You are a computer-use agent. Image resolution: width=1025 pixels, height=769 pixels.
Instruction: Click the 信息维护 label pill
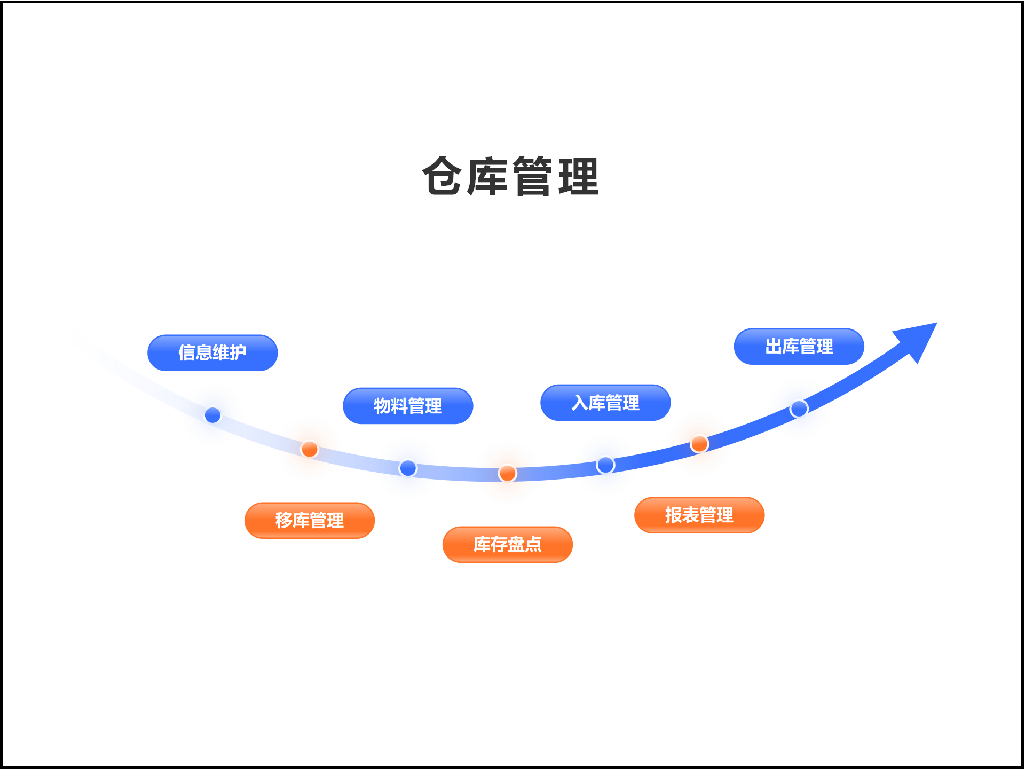[x=212, y=353]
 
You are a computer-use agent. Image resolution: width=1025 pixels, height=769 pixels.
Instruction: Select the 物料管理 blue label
[x=408, y=406]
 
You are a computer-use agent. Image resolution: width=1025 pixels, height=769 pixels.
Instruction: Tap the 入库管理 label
[x=605, y=403]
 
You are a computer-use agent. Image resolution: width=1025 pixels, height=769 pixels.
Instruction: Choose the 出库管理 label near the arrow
[x=799, y=347]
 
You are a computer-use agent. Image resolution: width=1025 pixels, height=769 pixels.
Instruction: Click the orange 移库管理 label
[x=310, y=521]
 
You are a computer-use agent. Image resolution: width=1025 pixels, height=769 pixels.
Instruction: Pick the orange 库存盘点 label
[x=508, y=545]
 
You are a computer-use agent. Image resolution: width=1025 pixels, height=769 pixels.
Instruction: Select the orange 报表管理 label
[x=699, y=515]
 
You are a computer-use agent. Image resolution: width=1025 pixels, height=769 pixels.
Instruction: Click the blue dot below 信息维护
[x=212, y=415]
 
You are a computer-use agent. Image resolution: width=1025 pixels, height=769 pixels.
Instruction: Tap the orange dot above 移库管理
[x=310, y=449]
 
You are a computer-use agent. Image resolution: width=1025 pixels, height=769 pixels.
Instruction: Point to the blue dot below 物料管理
[x=408, y=468]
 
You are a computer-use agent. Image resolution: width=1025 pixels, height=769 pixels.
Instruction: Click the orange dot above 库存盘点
[x=508, y=473]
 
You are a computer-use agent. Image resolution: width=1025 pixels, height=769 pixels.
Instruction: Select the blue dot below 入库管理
[x=605, y=465]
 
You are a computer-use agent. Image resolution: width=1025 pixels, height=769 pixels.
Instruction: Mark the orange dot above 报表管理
[x=699, y=444]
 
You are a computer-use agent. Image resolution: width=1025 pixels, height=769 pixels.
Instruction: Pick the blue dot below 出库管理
[x=799, y=409]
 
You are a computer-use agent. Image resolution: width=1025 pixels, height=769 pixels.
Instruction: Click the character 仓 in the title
[x=441, y=176]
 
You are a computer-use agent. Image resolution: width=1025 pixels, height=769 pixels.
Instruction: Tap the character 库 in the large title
[x=487, y=176]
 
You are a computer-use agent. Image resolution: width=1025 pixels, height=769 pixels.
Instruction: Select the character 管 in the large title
[x=533, y=176]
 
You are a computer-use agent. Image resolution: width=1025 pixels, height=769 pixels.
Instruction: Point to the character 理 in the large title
[x=579, y=176]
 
